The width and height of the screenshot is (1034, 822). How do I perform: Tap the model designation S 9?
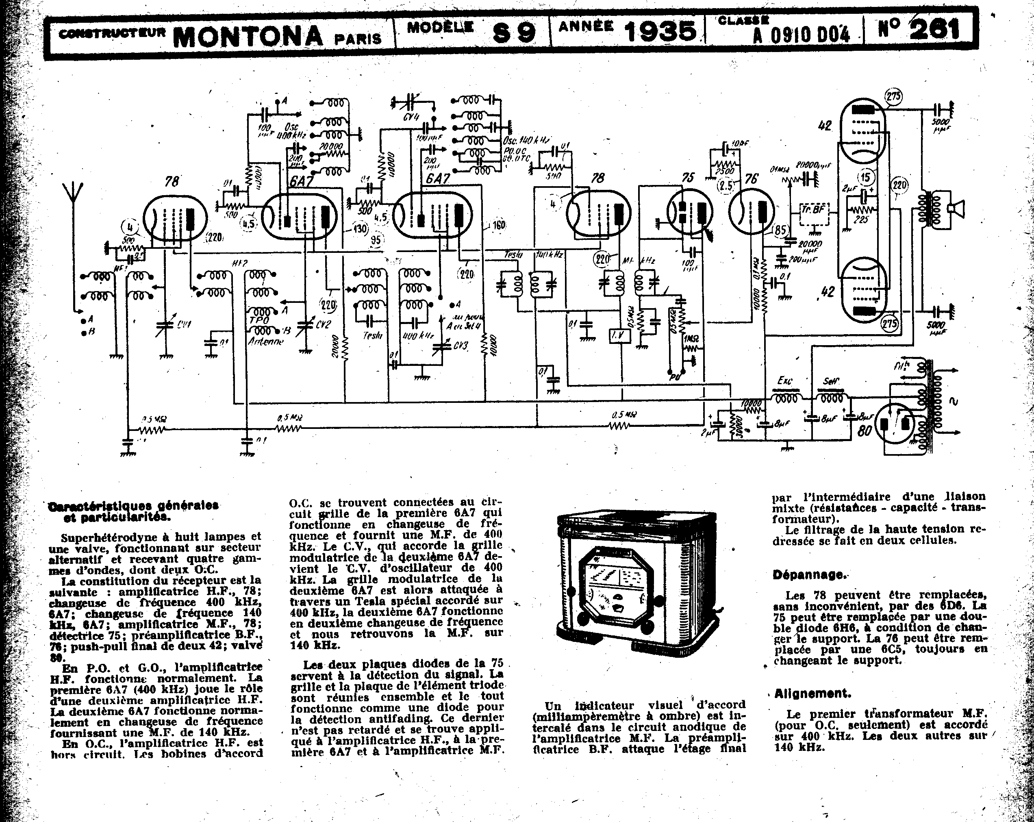tap(514, 33)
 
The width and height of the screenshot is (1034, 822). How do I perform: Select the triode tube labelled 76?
tap(751, 211)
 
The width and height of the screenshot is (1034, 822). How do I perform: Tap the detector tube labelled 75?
tap(690, 211)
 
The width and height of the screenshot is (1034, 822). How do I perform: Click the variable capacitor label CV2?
tap(323, 325)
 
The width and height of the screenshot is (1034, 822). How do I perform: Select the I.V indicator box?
tap(619, 336)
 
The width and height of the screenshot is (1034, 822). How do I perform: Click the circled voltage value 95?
tap(376, 239)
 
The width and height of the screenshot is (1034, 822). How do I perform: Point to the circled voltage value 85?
tap(780, 230)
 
